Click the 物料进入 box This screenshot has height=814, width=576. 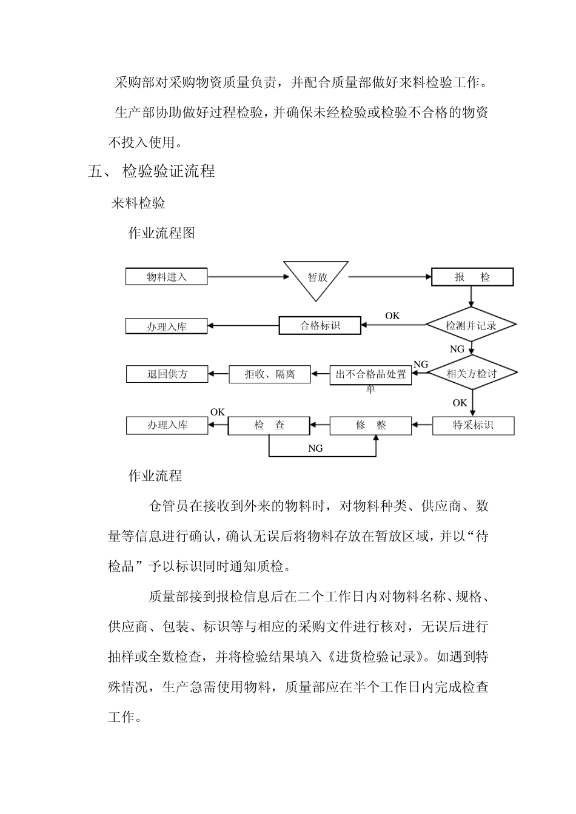[x=167, y=277]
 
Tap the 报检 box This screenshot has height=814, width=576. [x=472, y=277]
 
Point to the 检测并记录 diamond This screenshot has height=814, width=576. [x=471, y=325]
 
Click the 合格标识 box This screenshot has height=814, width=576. [x=320, y=325]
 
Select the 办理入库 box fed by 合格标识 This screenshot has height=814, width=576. [x=167, y=326]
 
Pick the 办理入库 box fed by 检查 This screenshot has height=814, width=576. [x=167, y=425]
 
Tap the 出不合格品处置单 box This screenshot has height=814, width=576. [x=370, y=375]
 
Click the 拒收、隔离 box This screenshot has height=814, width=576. [x=270, y=374]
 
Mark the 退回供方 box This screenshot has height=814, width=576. [x=167, y=374]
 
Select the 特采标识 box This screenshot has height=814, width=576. [x=473, y=425]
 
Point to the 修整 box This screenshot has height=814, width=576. [x=370, y=425]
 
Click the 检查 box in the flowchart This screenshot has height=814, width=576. [x=269, y=425]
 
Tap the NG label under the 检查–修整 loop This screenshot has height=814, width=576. [x=315, y=449]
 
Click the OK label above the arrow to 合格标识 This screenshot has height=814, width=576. [x=392, y=316]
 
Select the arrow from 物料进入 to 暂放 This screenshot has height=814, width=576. [x=249, y=277]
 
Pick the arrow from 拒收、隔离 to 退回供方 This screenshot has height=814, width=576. [x=218, y=374]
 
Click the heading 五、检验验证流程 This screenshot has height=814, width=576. [x=152, y=171]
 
